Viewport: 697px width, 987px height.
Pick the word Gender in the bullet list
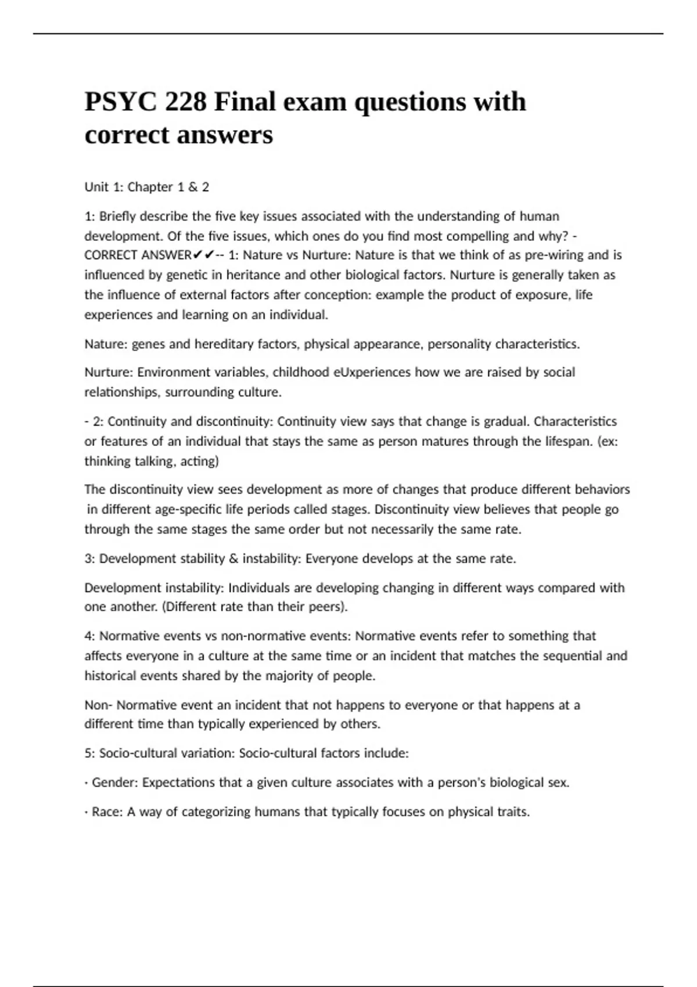coord(115,783)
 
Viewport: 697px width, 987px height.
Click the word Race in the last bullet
coord(107,812)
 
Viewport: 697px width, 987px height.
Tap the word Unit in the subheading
coord(96,187)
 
